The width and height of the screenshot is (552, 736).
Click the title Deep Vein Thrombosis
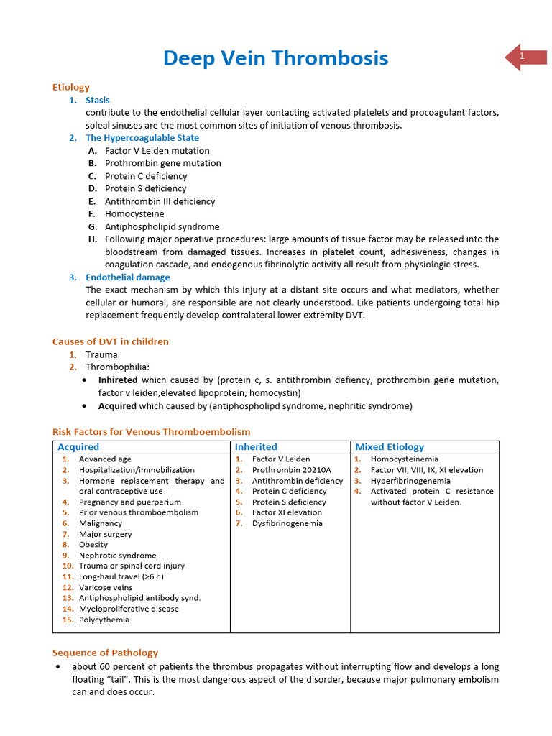click(x=275, y=57)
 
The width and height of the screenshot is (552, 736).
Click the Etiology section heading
click(x=71, y=87)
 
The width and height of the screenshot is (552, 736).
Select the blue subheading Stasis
click(x=98, y=100)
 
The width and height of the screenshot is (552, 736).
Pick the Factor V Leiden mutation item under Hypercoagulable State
click(x=157, y=151)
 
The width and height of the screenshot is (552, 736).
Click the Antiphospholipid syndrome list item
click(x=162, y=226)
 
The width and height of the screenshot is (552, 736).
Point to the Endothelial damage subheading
click(x=128, y=277)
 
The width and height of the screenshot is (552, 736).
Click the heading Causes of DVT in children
click(x=111, y=341)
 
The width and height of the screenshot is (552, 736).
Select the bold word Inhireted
click(x=118, y=379)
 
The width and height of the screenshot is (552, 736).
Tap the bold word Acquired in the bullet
click(x=117, y=406)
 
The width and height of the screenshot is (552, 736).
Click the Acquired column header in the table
click(x=78, y=447)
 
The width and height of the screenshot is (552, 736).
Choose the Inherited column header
click(x=256, y=447)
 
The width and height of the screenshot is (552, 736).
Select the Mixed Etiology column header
click(x=390, y=447)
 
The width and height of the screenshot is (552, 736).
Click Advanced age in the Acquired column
click(x=105, y=459)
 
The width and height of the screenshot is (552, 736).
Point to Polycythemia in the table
click(x=104, y=620)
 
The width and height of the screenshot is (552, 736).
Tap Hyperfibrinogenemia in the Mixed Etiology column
click(x=410, y=481)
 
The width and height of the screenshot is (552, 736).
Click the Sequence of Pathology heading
click(x=105, y=653)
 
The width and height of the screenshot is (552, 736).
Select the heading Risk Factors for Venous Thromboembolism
click(x=152, y=432)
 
